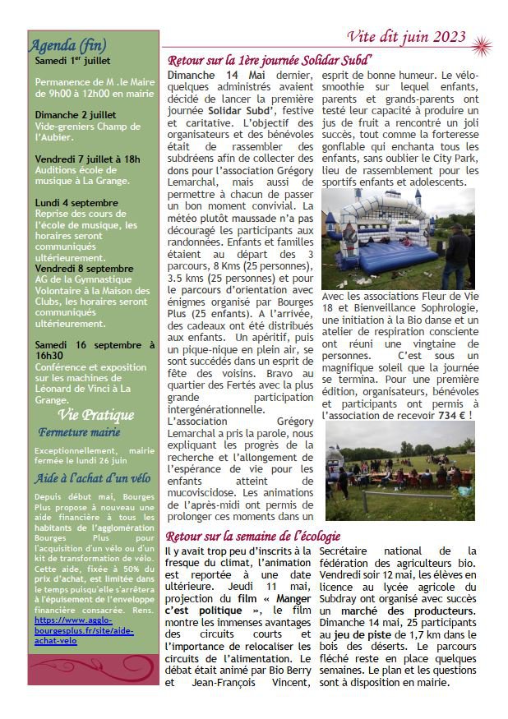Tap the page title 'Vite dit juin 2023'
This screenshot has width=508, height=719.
coord(406,36)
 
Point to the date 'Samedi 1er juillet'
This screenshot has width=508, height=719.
coord(72,61)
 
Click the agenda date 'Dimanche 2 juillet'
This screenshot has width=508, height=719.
coord(76,114)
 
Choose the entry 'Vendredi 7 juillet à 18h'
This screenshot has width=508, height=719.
coord(87,159)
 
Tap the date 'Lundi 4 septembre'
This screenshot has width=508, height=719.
coord(76,202)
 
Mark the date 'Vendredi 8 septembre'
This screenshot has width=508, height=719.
coord(84,268)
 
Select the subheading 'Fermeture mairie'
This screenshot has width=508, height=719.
coord(79,432)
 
